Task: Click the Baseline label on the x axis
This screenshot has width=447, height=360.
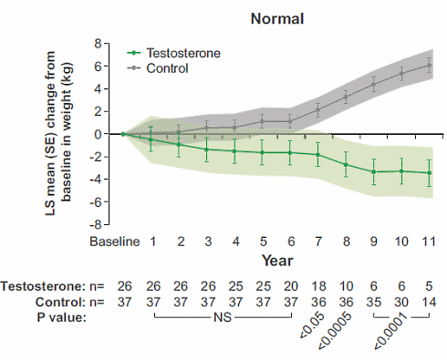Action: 114,242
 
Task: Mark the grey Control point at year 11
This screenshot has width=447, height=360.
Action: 429,66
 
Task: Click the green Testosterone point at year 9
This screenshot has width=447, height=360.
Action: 373,171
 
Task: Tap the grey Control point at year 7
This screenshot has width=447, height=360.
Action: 317,109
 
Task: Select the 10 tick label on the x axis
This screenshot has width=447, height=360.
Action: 401,242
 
